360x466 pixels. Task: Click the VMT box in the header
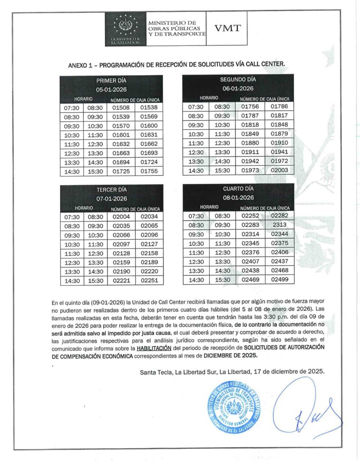pyautogui.click(x=228, y=28)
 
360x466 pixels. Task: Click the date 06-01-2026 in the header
pyautogui.click(x=238, y=88)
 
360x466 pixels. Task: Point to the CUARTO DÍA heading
pyautogui.click(x=238, y=188)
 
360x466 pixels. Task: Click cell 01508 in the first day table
pyautogui.click(x=121, y=108)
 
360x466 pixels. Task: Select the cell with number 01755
pyautogui.click(x=149, y=172)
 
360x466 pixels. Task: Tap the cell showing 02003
pyautogui.click(x=279, y=170)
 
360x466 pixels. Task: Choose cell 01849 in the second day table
pyautogui.click(x=250, y=134)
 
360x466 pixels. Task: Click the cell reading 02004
pyautogui.click(x=121, y=217)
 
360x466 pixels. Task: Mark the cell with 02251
pyautogui.click(x=149, y=281)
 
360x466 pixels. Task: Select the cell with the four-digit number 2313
pyautogui.click(x=280, y=225)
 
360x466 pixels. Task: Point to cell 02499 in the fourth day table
pyautogui.click(x=280, y=279)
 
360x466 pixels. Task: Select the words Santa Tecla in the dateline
pyautogui.click(x=155, y=372)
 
